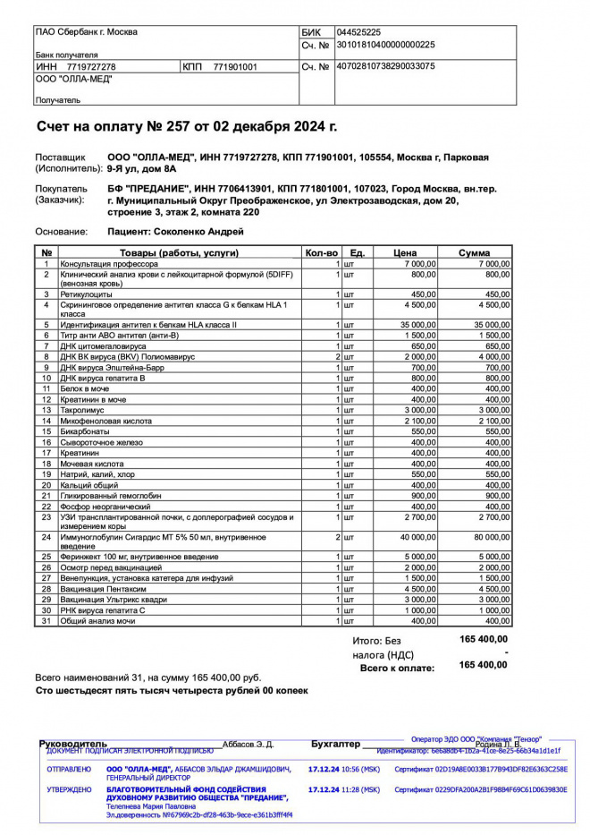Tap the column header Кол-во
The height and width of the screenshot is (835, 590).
pos(322,253)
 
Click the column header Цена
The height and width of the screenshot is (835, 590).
pos(405,253)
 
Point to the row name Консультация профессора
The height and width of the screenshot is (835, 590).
pos(109,264)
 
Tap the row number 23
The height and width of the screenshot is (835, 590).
pos(46,517)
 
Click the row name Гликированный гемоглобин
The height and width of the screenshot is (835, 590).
pos(112,495)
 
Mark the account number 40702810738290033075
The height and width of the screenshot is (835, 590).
pos(385,66)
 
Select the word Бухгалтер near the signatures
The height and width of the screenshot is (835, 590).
pos(335,744)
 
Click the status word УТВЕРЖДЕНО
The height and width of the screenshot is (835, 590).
pos(69,790)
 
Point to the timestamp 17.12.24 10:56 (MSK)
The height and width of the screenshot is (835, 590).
pos(343,769)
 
